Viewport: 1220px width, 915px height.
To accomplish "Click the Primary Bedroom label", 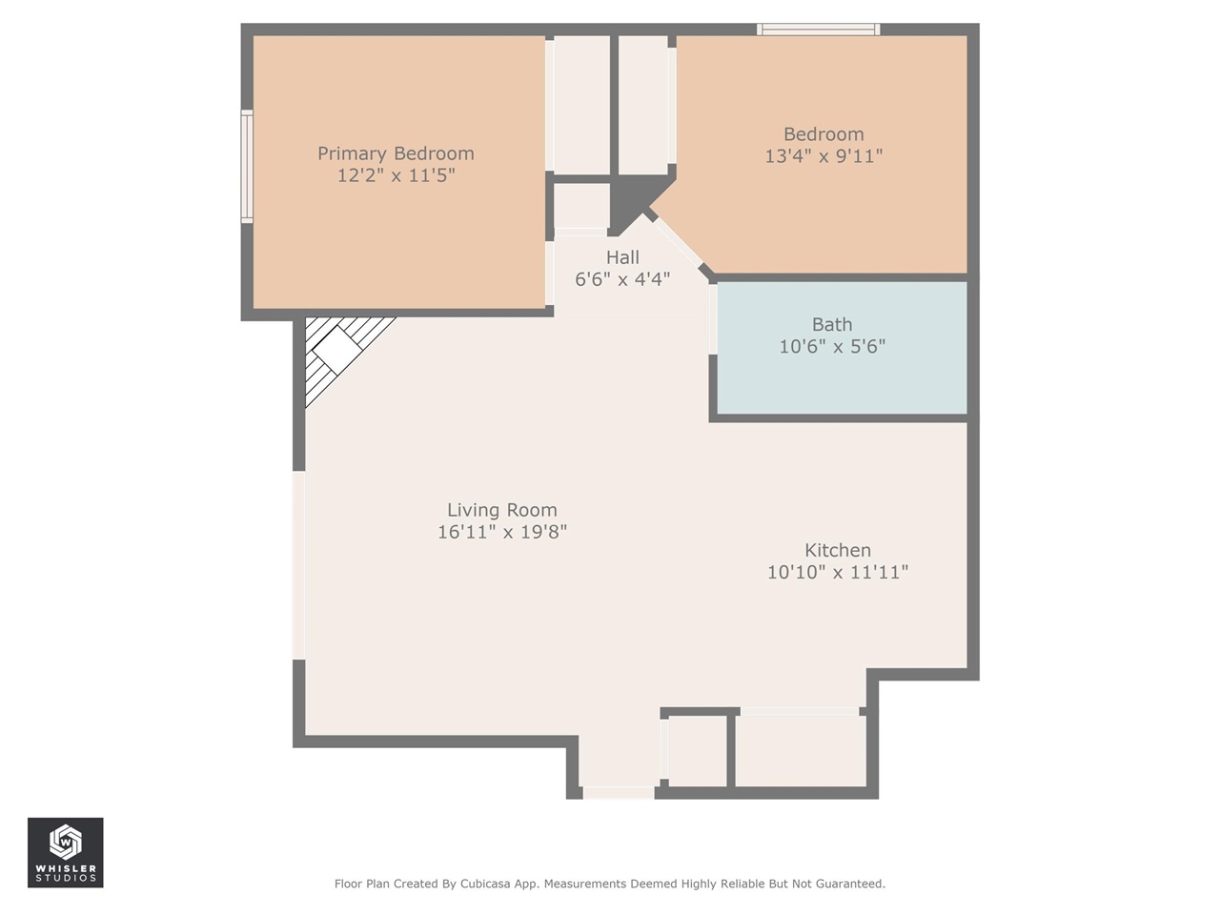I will pos(396,153).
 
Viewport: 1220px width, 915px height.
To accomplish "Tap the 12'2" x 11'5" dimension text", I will pos(396,176).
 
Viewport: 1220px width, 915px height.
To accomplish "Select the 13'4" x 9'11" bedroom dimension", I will pos(823,156).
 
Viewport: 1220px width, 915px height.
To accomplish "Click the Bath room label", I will pos(832,325).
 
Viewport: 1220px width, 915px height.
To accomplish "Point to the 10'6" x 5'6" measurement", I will pos(832,347).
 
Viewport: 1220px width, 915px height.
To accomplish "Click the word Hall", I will pos(622,257).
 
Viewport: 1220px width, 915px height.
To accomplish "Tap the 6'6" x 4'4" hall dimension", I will pos(622,279).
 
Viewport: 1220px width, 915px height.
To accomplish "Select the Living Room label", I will pos(502,510).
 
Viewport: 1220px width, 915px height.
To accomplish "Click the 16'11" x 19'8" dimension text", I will pos(502,532).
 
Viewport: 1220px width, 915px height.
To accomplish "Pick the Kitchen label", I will pos(838,550).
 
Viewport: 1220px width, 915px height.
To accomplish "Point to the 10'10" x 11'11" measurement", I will pos(838,572).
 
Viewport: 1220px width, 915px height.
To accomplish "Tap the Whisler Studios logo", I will pos(65,852).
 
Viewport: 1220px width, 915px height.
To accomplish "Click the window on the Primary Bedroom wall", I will pos(247,167).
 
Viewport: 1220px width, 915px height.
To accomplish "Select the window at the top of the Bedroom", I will pos(818,30).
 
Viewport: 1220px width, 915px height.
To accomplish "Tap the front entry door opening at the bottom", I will pos(619,792).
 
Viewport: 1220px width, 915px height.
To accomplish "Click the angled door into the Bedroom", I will pos(679,244).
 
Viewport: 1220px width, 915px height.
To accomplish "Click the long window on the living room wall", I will pos(298,565).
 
